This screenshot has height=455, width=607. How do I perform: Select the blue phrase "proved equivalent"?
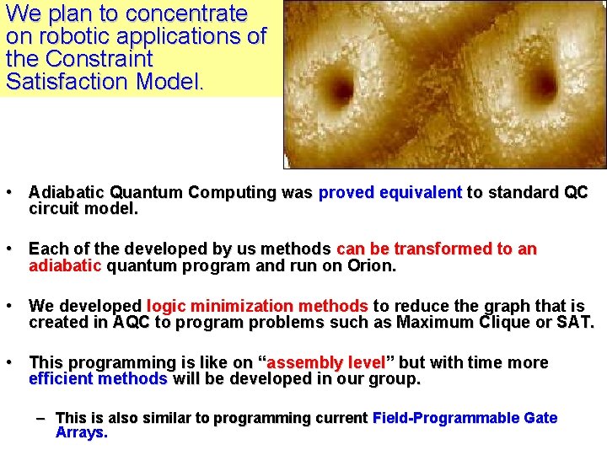click(x=390, y=192)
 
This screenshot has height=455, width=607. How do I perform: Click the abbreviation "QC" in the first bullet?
click(x=575, y=192)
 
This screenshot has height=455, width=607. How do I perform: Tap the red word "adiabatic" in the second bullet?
click(x=65, y=266)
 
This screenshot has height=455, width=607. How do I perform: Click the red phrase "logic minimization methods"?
click(x=257, y=306)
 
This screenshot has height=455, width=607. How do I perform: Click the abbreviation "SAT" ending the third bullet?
click(x=577, y=322)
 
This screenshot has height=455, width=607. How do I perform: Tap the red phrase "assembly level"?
click(x=325, y=363)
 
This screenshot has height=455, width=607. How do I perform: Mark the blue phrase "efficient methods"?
click(x=98, y=379)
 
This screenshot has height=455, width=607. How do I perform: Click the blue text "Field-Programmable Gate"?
click(x=465, y=418)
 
